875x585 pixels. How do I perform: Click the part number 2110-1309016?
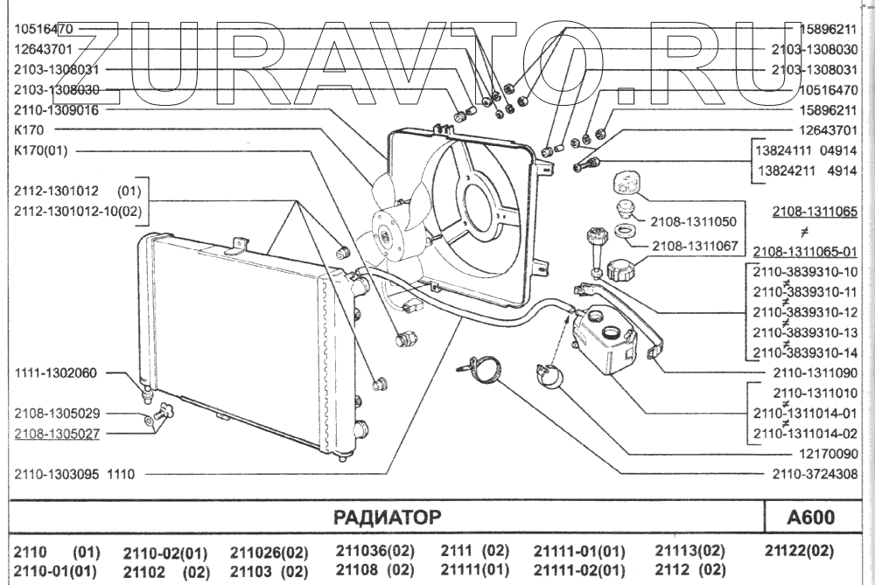pos(56,111)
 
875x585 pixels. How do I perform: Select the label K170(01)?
pos(41,150)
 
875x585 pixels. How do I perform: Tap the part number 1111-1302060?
pos(56,373)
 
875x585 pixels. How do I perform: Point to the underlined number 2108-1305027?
pos(56,432)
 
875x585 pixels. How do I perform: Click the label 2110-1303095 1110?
pos(73,474)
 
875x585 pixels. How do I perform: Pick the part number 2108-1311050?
pos(695,222)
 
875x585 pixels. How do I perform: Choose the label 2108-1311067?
pos(695,247)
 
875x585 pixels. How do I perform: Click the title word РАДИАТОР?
pos(388,516)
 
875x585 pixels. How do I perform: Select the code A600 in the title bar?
pos(811,516)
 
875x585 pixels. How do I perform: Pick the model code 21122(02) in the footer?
pos(799,551)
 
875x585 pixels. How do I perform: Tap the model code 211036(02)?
pos(374,551)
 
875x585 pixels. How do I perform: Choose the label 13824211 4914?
pos(805,170)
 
